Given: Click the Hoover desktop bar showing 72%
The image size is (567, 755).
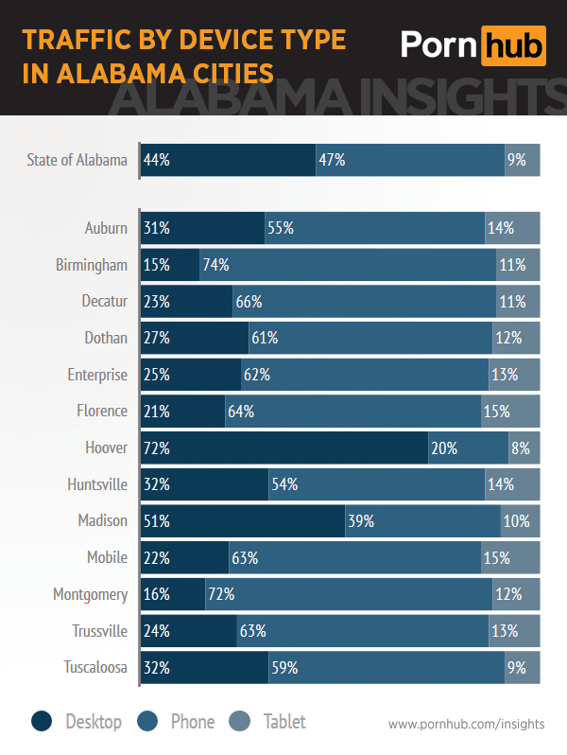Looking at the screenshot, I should click(283, 448).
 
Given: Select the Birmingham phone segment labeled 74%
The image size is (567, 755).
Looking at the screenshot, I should click(348, 265).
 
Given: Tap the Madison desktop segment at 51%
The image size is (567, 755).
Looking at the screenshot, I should click(242, 520).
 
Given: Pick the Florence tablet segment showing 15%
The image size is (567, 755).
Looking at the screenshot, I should click(510, 411).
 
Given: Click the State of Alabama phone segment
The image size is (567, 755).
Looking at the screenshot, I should click(409, 160).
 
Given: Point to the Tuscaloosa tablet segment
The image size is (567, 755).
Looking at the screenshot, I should click(523, 667).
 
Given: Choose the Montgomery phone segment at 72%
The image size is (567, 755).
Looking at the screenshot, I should click(348, 594).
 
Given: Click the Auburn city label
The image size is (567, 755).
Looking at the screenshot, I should click(106, 228).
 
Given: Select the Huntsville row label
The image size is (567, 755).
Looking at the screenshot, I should click(97, 484).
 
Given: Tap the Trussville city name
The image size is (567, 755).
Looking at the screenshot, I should click(99, 631).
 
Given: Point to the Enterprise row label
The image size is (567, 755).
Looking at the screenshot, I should click(97, 375).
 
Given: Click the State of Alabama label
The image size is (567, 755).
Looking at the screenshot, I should click(77, 160).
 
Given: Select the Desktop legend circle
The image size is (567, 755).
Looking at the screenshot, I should click(42, 722).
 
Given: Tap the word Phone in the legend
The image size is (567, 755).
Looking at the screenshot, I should click(193, 722).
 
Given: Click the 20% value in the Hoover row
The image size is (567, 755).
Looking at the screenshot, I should click(444, 448).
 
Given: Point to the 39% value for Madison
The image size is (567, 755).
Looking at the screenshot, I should click(360, 520).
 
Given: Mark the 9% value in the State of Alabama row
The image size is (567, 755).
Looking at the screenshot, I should click(516, 160).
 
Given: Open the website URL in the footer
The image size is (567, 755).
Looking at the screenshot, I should click(466, 724).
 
